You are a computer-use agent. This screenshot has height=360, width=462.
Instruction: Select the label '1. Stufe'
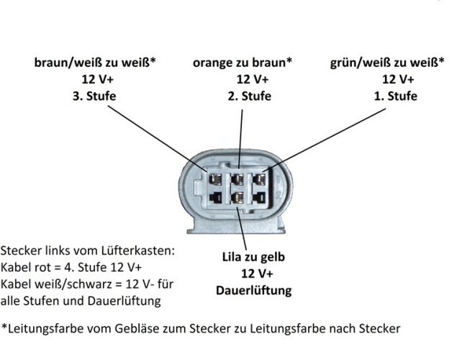394,96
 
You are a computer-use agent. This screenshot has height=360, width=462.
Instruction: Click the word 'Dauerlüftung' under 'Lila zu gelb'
254,290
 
